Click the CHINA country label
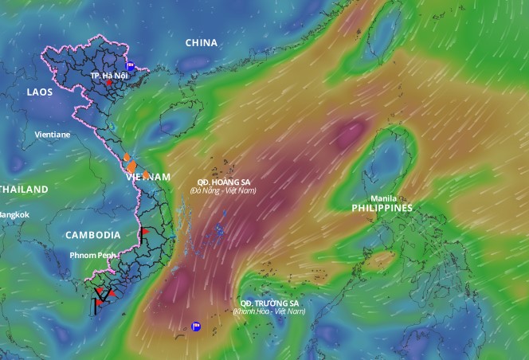(x=202, y=42)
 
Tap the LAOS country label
(x=40, y=92)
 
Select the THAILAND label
(x=24, y=189)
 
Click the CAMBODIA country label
(x=92, y=235)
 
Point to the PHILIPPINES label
(x=382, y=208)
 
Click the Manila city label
(x=383, y=198)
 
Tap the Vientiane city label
(x=53, y=135)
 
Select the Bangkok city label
(x=14, y=214)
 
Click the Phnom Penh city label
(x=92, y=255)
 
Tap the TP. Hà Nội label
(x=109, y=75)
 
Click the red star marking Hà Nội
(x=109, y=83)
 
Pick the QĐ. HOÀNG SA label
(x=225, y=182)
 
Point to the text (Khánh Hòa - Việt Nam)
(x=269, y=311)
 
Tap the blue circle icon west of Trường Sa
(x=196, y=326)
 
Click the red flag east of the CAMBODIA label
(x=144, y=232)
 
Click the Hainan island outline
(x=179, y=123)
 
